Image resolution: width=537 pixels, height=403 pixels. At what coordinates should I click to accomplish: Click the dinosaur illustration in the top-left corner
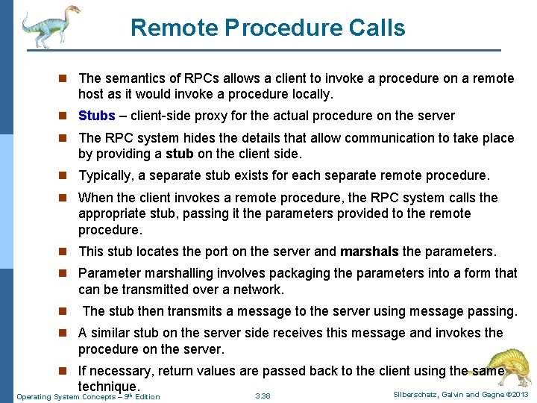pyautogui.click(x=49, y=26)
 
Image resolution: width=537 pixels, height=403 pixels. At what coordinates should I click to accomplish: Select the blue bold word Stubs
pyautogui.click(x=96, y=116)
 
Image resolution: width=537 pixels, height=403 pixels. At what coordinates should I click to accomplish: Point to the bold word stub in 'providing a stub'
pyautogui.click(x=180, y=154)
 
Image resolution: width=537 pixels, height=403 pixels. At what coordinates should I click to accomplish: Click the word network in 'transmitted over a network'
pyautogui.click(x=257, y=290)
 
